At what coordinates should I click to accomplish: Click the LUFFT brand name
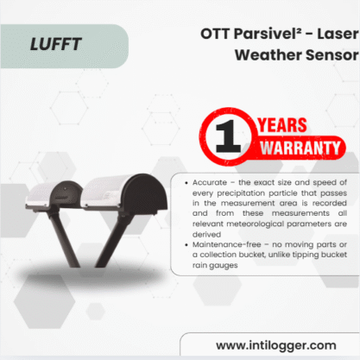(56, 44)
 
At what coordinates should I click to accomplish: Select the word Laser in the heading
(338, 34)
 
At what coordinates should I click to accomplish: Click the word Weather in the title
(268, 54)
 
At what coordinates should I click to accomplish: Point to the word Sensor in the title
(332, 54)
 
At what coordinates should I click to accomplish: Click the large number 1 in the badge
(228, 136)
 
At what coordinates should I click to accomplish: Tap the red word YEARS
(282, 125)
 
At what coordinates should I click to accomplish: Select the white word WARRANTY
(300, 148)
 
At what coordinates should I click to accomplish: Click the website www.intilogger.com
(276, 345)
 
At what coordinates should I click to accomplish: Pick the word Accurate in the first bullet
(210, 182)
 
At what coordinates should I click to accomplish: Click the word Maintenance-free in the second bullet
(227, 244)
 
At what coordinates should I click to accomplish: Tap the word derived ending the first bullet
(206, 234)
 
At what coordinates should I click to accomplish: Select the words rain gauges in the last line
(215, 265)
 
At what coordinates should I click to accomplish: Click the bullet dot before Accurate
(186, 183)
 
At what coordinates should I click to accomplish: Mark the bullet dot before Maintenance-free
(186, 244)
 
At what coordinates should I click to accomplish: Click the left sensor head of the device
(54, 194)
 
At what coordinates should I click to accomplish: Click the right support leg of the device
(111, 240)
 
